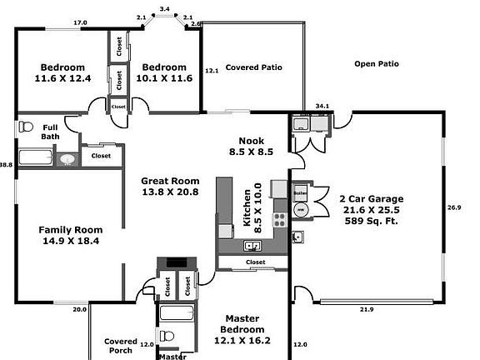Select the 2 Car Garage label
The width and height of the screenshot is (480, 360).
[x=371, y=198]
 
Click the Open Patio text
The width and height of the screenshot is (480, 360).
[x=376, y=63]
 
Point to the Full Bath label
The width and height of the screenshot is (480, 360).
[x=50, y=132]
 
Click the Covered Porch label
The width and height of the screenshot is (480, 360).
[x=121, y=346]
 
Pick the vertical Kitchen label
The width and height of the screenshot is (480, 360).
[x=247, y=205]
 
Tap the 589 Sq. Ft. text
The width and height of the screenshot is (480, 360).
[x=371, y=222]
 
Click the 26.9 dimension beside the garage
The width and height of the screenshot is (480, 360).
[x=454, y=207]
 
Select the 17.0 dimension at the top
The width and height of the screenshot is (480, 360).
[x=80, y=22]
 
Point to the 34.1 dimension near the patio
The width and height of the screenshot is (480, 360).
[x=322, y=106]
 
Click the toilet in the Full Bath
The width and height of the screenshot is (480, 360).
[x=24, y=128]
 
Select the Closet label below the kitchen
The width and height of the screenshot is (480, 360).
[x=256, y=262]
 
